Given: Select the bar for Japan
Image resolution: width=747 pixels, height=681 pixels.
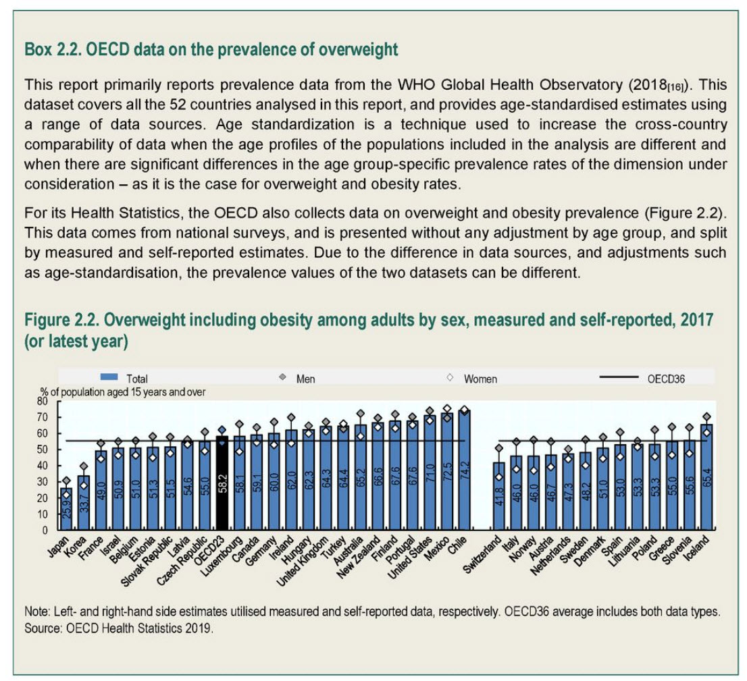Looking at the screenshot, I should (66, 509).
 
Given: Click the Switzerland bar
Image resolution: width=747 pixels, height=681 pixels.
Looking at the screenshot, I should (498, 496).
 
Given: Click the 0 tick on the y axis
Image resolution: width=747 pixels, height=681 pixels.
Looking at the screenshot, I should (47, 530).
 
